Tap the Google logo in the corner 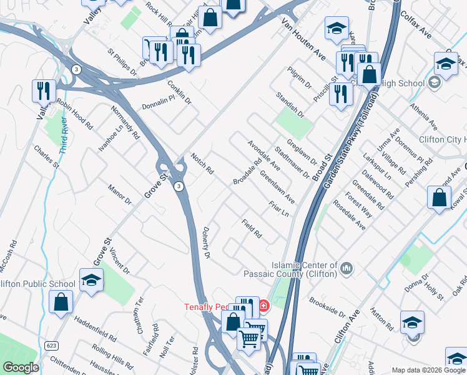(21, 367)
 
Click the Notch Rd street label (202, 164)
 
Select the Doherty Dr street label (207, 242)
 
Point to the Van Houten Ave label (303, 36)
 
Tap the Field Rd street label (252, 229)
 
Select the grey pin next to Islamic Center (348, 269)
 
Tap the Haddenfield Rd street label (96, 328)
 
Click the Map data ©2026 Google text (428, 370)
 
